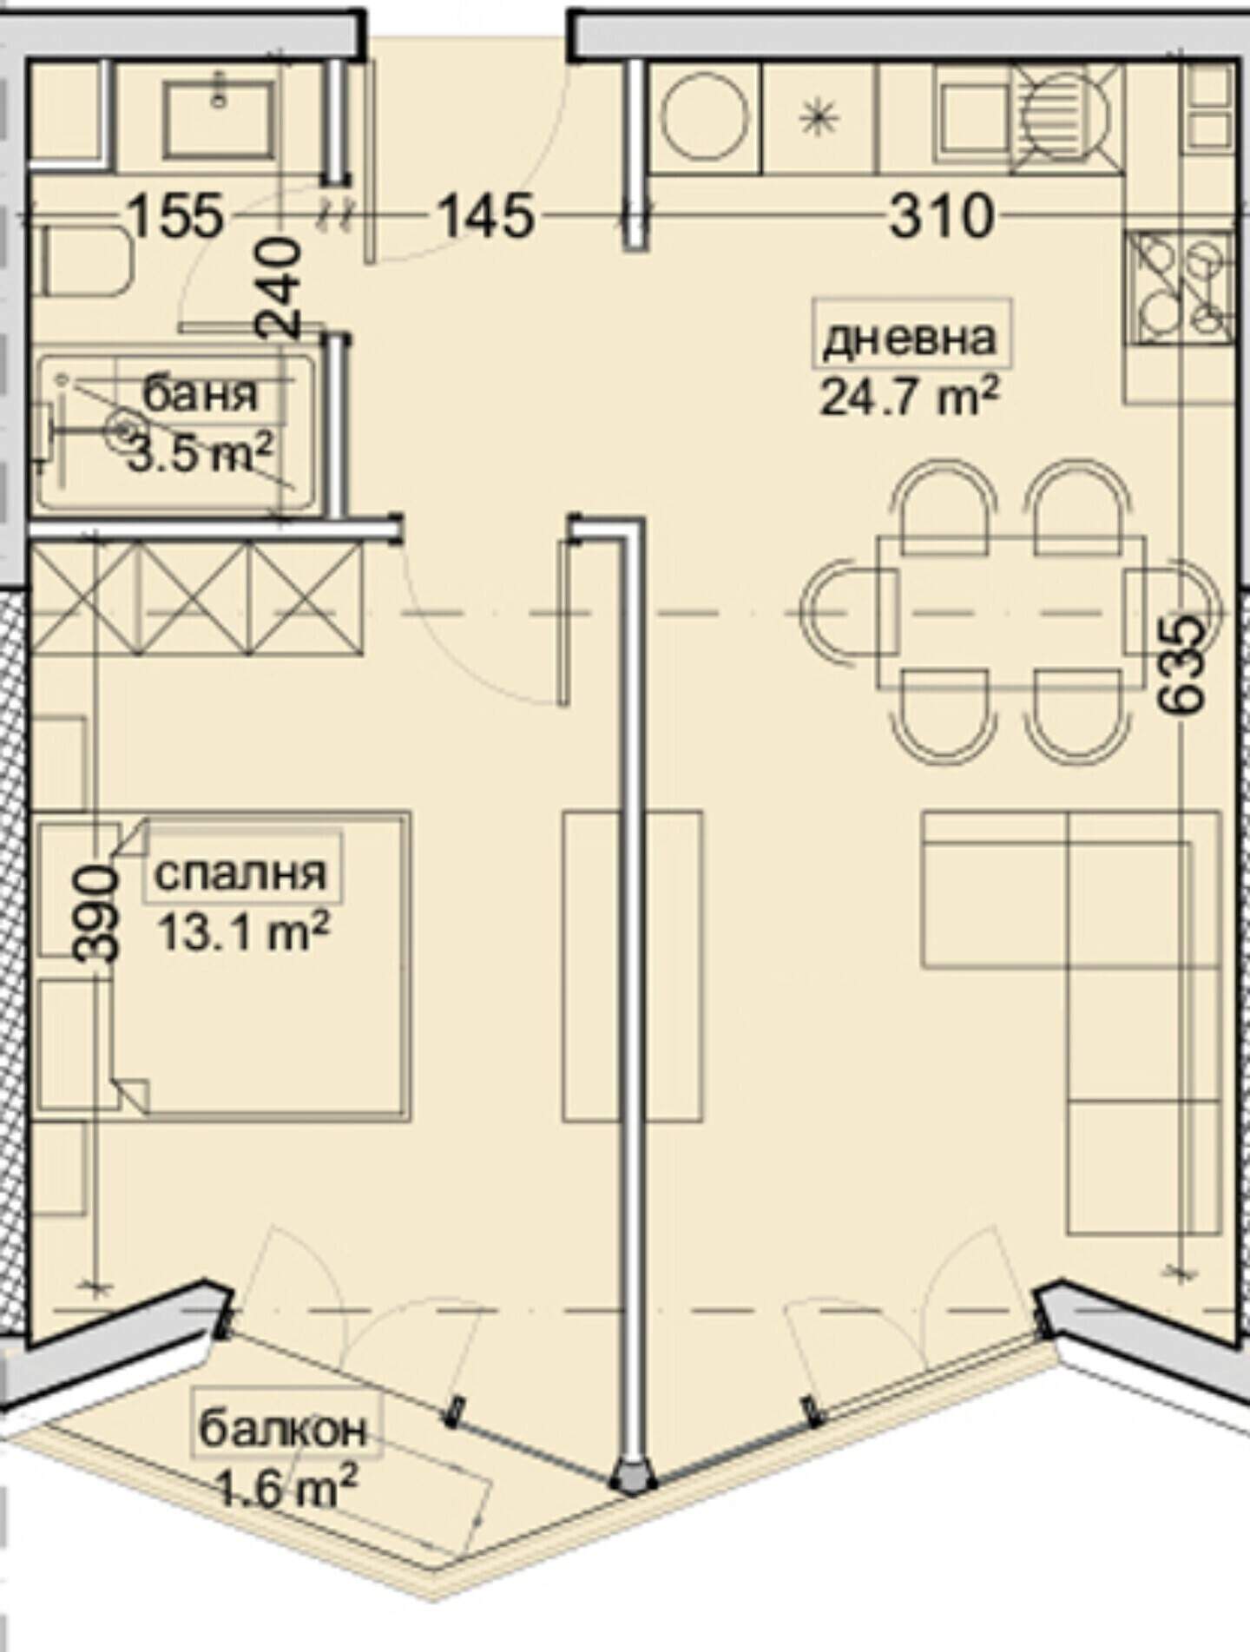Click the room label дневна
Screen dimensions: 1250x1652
pos(909,339)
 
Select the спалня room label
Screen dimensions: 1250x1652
pos(241,873)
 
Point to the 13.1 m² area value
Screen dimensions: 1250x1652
pos(243,932)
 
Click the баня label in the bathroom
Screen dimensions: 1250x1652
pos(201,395)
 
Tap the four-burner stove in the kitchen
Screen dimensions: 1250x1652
pos(1180,286)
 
